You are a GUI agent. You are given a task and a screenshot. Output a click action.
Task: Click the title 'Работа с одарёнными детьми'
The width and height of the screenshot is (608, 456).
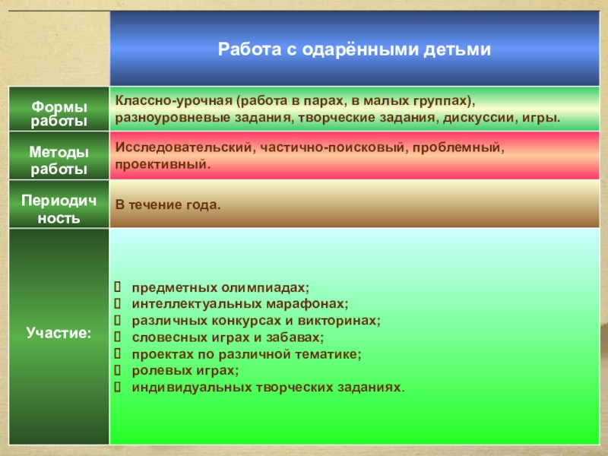click(354, 49)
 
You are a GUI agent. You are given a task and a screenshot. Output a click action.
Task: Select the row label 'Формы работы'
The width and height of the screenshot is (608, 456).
click(59, 113)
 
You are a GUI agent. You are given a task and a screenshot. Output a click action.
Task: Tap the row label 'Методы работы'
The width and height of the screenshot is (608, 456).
click(59, 160)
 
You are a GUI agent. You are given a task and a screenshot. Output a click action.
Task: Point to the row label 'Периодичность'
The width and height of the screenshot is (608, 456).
click(59, 209)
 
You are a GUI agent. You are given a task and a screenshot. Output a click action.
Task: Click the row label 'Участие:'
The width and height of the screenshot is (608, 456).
click(59, 333)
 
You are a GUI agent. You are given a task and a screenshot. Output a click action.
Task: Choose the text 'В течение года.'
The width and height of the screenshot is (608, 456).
click(168, 204)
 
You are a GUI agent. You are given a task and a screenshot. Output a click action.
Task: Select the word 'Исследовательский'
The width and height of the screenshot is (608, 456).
click(185, 147)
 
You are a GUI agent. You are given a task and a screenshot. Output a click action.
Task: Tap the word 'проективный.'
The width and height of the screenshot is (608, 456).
click(163, 164)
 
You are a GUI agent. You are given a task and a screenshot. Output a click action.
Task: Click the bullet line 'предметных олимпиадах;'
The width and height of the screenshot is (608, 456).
click(220, 288)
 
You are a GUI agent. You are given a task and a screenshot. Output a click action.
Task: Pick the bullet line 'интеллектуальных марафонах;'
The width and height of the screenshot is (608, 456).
click(240, 303)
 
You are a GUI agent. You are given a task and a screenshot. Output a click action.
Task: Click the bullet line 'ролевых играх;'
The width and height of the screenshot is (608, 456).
click(185, 371)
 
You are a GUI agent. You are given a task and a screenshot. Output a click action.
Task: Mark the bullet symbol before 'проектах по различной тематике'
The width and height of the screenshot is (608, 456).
click(118, 353)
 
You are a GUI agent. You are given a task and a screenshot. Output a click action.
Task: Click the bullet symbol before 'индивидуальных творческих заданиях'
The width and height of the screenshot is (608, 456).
click(118, 387)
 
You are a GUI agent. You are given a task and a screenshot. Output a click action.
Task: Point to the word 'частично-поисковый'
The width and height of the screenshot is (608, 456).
click(332, 147)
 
